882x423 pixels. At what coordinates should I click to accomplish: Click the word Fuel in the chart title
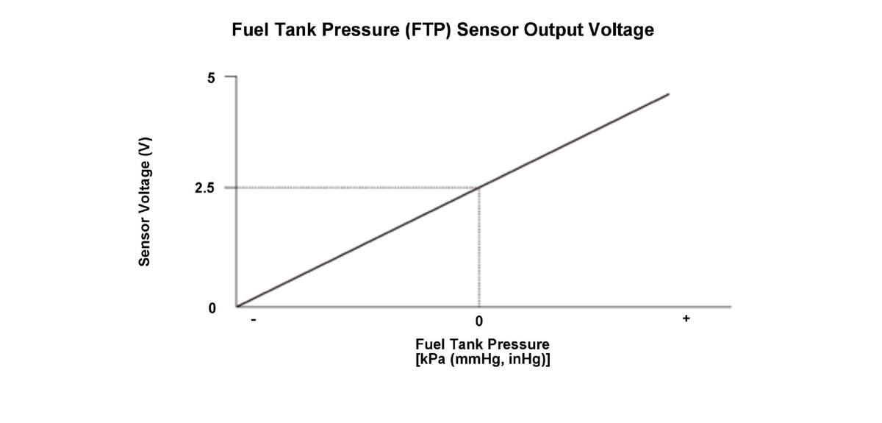[x=249, y=30]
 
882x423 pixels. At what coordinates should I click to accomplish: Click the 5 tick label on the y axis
[x=212, y=78]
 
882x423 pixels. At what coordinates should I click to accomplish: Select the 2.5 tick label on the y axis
[x=204, y=188]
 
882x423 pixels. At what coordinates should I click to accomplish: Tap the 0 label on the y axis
[x=212, y=308]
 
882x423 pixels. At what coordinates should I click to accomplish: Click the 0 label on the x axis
[x=478, y=321]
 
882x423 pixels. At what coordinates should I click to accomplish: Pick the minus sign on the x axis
[x=252, y=321]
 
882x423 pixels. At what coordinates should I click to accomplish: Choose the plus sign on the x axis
[x=686, y=319]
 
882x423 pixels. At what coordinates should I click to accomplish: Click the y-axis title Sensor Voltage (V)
[x=145, y=201]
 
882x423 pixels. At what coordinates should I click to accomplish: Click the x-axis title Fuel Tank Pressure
[x=482, y=344]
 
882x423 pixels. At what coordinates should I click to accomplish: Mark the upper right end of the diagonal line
[x=668, y=94]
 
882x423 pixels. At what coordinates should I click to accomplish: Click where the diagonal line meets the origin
[x=237, y=306]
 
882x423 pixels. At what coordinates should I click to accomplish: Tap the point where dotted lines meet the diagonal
[x=479, y=188]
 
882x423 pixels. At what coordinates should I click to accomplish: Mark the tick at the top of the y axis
[x=230, y=77]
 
